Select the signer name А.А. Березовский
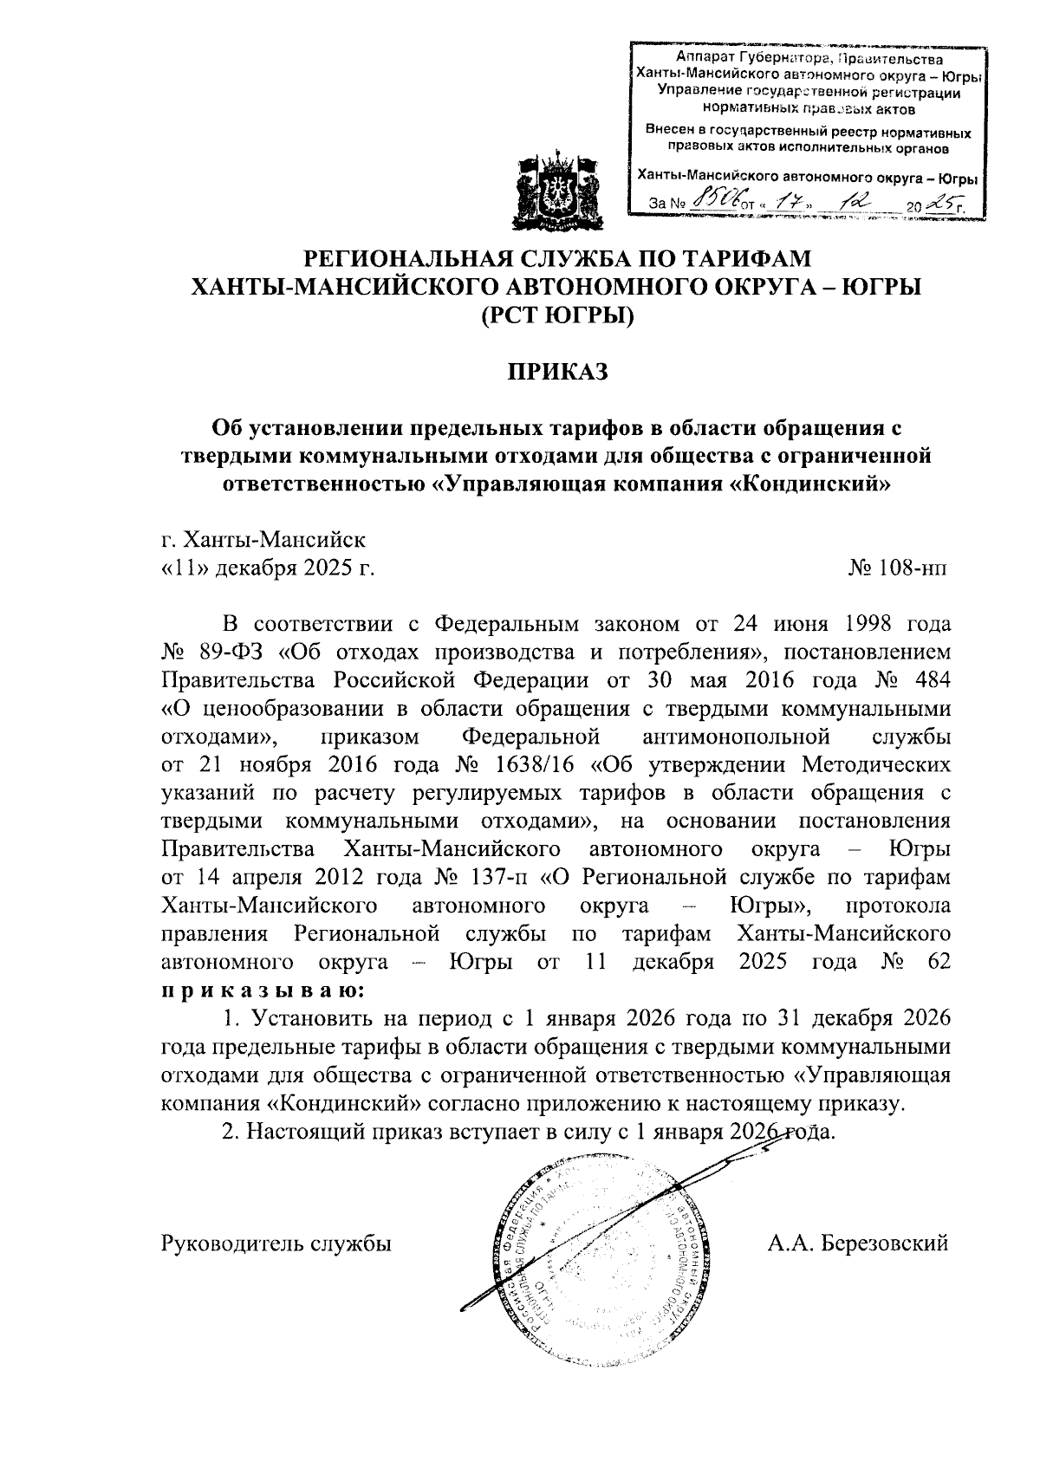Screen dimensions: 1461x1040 click(857, 1243)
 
